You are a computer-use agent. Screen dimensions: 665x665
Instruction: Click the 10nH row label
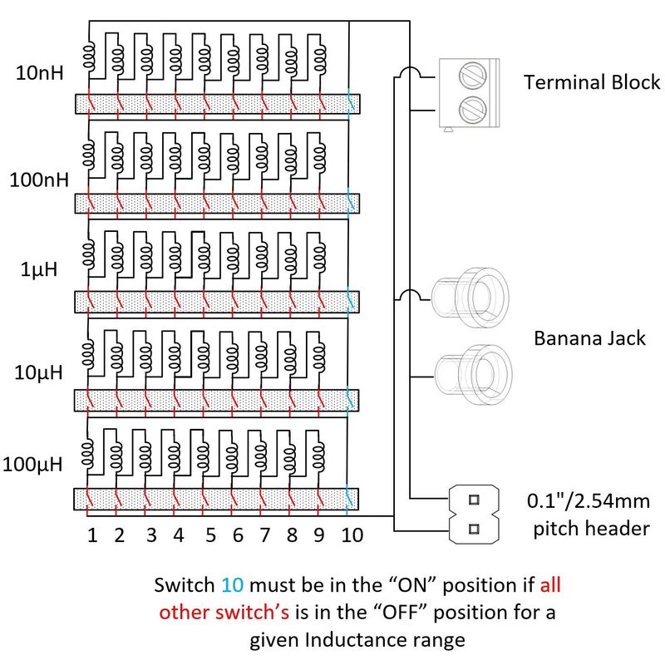point(38,71)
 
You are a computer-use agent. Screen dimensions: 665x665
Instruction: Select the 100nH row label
point(38,179)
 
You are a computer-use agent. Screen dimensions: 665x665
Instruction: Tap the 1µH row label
point(38,271)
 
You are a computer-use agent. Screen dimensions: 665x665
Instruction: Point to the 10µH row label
point(38,373)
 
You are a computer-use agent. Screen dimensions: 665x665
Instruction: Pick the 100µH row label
point(33,464)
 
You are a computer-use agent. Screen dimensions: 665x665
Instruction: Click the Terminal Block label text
point(592,82)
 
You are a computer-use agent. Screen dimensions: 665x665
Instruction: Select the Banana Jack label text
point(589,338)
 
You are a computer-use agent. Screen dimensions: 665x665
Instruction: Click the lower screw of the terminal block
point(473,108)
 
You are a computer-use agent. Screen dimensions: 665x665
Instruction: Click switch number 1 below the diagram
point(92,536)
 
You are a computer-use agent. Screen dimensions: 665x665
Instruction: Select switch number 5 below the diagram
point(209,536)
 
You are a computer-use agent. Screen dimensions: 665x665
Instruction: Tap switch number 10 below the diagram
point(352,536)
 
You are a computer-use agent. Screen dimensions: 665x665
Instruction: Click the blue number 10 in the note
point(234,584)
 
